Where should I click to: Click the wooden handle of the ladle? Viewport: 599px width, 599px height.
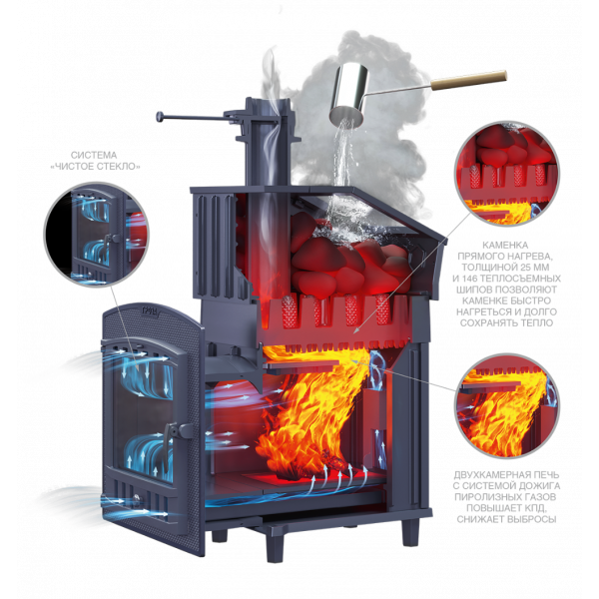point(469,80)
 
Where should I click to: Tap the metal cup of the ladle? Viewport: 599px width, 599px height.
point(350,95)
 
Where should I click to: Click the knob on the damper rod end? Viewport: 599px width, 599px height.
point(160,116)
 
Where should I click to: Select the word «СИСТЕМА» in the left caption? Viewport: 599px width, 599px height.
point(94,155)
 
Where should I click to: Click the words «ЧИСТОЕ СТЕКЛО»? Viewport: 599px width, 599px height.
point(96,166)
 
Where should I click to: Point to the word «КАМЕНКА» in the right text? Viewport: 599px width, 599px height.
point(505,245)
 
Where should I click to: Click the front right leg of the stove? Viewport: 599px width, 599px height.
point(411,532)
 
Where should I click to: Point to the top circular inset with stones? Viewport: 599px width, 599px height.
point(507,174)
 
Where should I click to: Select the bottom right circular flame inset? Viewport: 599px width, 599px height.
point(507,406)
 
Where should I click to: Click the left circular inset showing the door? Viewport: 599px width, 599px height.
point(96,235)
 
